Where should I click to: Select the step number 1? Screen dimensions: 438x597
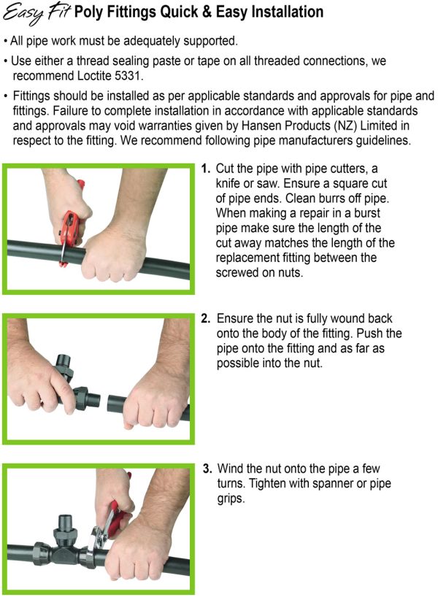click(206, 169)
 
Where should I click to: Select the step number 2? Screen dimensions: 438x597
click(206, 318)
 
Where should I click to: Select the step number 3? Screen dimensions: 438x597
click(207, 469)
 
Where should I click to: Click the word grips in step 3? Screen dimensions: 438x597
click(231, 498)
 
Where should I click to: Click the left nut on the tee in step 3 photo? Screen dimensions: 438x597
click(42, 551)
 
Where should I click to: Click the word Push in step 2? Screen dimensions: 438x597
click(371, 334)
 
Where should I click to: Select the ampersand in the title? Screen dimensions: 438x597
click(207, 12)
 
